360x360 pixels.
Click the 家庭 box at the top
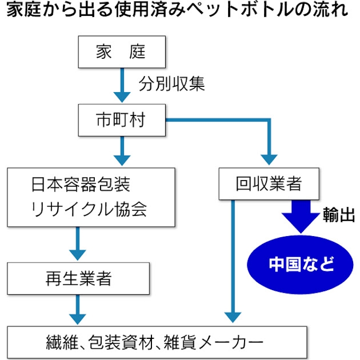[121, 52]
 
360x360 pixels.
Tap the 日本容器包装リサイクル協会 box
[91, 197]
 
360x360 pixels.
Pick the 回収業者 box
[268, 184]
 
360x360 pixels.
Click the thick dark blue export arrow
[299, 215]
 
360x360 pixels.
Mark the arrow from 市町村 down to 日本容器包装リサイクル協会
[122, 150]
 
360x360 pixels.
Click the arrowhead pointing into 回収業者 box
[269, 158]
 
